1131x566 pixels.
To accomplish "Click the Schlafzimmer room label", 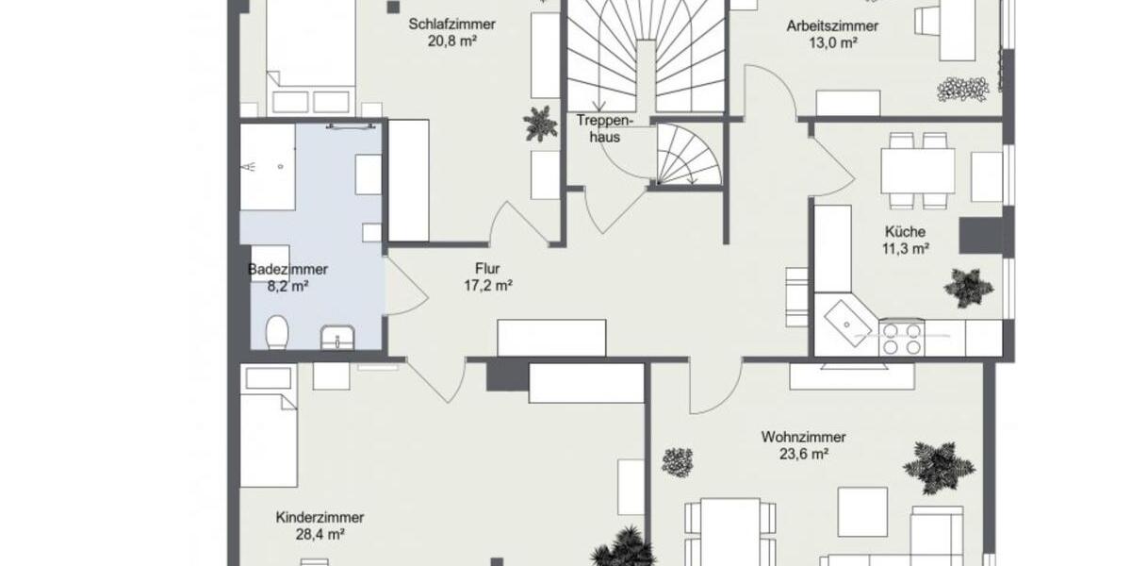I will (451, 25).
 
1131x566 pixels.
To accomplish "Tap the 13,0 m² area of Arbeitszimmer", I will (834, 43).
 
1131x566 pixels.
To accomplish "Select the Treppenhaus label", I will (604, 128).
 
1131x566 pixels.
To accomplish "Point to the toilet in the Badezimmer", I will (277, 333).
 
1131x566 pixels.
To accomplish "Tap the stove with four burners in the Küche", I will (901, 338).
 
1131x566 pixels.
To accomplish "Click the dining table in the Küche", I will (917, 171).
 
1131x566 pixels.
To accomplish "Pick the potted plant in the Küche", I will (968, 287).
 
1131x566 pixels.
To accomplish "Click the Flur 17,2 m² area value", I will (487, 285).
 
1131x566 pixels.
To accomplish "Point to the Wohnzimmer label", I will (803, 437).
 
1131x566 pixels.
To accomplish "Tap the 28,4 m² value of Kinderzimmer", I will (320, 534).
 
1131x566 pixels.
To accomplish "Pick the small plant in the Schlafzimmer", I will (540, 123).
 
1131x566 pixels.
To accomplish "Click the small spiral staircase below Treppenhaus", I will (689, 156).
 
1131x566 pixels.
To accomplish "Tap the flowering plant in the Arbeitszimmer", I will (962, 89).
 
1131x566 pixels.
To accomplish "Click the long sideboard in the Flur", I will (551, 338).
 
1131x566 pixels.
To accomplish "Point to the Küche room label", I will (905, 232).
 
